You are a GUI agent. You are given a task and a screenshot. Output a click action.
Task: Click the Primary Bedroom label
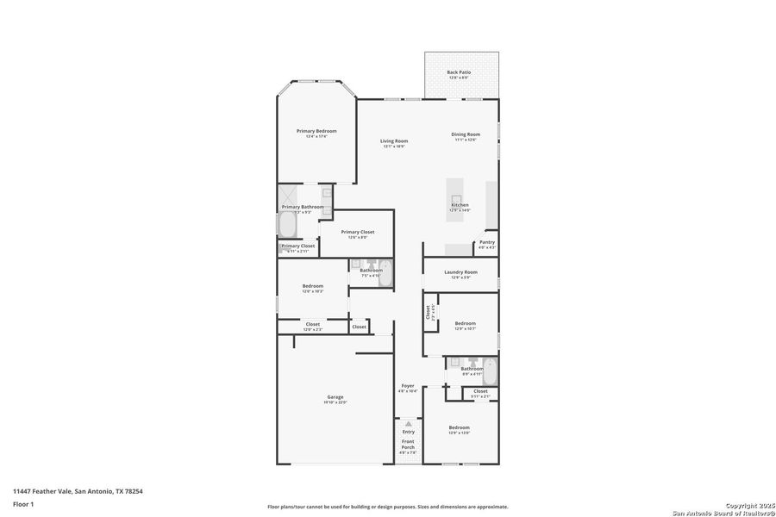point(316,131)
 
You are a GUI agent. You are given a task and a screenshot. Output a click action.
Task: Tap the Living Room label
point(394,140)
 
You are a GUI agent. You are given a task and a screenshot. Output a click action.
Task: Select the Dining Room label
point(466,134)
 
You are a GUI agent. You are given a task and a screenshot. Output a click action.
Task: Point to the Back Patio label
point(459,72)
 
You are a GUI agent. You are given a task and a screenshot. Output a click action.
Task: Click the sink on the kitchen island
point(456,198)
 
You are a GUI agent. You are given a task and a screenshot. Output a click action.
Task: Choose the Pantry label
point(487,242)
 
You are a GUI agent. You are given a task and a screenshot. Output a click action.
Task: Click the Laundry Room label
point(460,272)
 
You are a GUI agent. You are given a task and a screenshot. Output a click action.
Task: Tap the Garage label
point(335,397)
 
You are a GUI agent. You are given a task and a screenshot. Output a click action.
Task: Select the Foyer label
point(408,385)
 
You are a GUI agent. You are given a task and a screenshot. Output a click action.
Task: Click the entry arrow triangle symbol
point(409,424)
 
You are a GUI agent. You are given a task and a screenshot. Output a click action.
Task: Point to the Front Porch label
point(408,445)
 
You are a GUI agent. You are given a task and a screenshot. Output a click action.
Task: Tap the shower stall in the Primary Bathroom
point(289,196)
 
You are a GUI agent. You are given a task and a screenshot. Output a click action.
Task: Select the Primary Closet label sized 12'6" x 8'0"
point(357,232)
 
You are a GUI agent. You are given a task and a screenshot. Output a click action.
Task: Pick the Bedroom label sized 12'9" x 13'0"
point(459,427)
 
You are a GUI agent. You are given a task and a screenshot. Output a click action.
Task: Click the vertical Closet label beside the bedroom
point(428,312)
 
